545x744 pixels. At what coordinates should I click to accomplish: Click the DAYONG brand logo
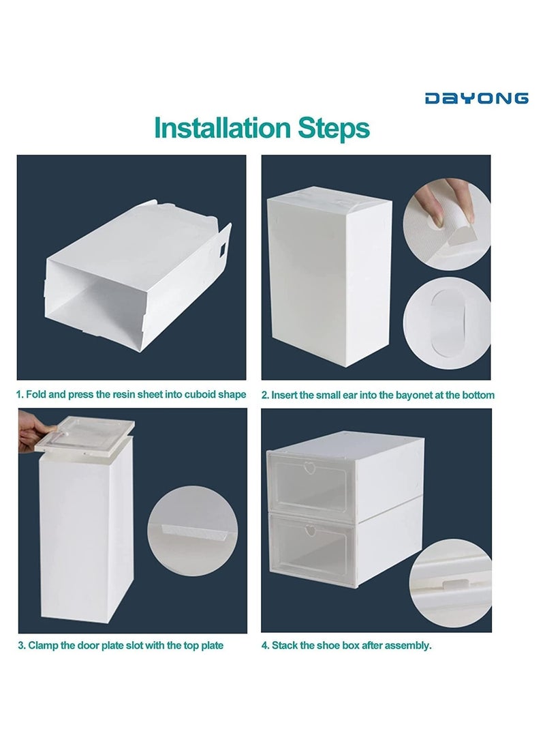[x=476, y=98]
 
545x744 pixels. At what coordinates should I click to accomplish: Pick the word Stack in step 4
[x=284, y=645]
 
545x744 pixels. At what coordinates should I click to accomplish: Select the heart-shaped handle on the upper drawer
[x=310, y=468]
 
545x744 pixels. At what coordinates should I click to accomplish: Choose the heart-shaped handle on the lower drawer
[x=311, y=531]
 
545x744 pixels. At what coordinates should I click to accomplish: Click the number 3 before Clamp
[x=21, y=645]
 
